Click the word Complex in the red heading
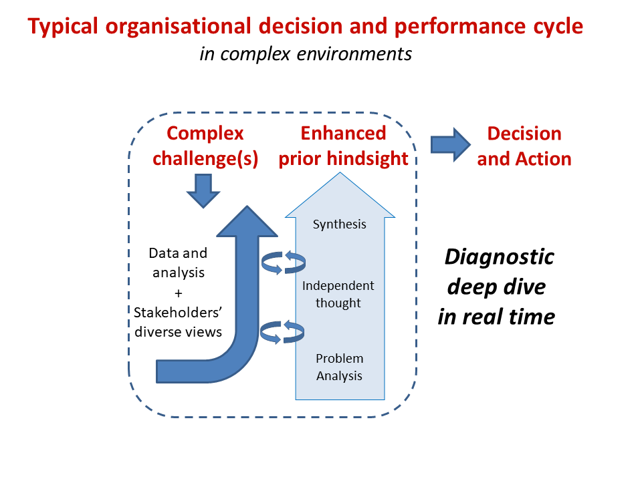tap(205, 133)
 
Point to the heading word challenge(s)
tap(205, 159)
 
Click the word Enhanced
tap(343, 133)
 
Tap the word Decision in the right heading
tap(524, 133)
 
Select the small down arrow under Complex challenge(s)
tap(203, 190)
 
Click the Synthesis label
tap(340, 224)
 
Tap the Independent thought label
tap(338, 294)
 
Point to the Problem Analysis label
tap(339, 367)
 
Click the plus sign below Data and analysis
tap(178, 292)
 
